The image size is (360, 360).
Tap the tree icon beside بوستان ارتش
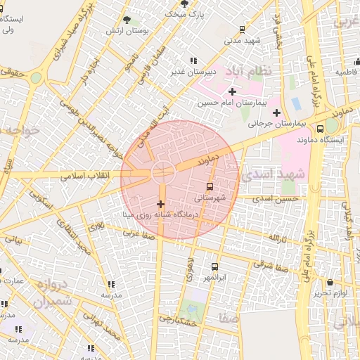coord(127,20)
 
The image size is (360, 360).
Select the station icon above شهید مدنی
coord(242,30)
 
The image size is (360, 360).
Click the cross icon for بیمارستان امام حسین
coord(232,92)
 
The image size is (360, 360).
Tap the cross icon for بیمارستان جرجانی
coord(276,112)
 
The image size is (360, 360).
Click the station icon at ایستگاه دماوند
coord(320,129)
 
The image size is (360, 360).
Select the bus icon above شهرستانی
coord(210,186)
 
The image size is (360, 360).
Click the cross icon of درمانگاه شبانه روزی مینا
coord(161,203)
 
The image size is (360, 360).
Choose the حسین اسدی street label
coord(290,200)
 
